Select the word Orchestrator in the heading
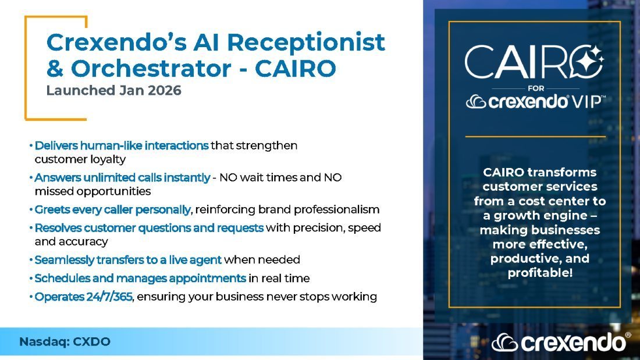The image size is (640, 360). (x=151, y=68)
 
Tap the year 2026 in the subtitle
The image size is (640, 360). (x=165, y=90)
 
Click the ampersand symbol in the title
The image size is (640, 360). (x=55, y=69)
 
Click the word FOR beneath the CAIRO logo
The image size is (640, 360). (x=535, y=88)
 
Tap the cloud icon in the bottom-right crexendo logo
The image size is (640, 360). (x=504, y=343)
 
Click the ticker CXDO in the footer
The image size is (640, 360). (x=91, y=341)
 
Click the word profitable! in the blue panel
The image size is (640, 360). (x=540, y=273)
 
